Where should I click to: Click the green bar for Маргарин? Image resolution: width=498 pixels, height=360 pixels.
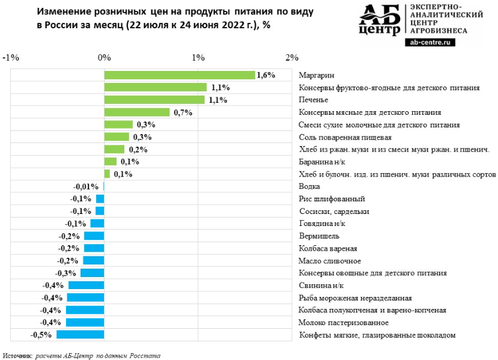[x=179, y=75]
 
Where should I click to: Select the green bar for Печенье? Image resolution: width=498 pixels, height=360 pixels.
[x=154, y=100]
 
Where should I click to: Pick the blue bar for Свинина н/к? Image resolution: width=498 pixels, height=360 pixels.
[x=86, y=285]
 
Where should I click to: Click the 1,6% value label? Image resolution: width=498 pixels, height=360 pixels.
[x=266, y=75]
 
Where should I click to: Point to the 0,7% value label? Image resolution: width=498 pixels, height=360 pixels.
[x=182, y=112]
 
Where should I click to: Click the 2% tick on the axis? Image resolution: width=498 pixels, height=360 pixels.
[x=292, y=58]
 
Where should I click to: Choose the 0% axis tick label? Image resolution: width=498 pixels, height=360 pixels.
[x=105, y=58]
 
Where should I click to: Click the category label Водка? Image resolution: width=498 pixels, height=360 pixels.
[x=309, y=186]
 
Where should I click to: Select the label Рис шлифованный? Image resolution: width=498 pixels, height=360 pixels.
[x=332, y=199]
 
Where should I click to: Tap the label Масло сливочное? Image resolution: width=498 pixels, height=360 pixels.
[x=329, y=261]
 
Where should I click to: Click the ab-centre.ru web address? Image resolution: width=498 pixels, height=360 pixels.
[x=430, y=42]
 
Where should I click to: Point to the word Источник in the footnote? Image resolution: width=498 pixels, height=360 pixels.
[x=17, y=355]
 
